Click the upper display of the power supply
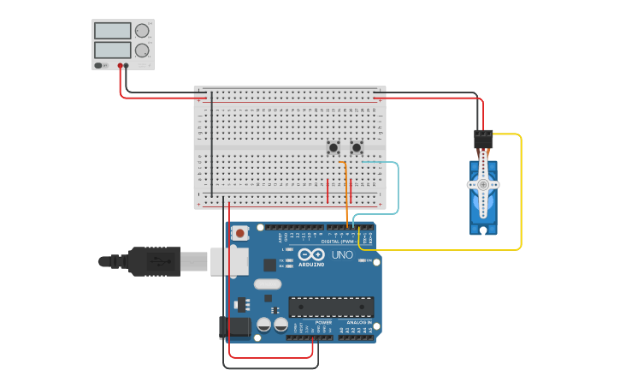(x=112, y=31)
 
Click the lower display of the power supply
(x=112, y=51)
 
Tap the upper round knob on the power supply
(x=142, y=31)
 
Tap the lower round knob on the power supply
(x=142, y=51)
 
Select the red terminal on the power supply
(x=120, y=65)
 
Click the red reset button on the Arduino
(x=241, y=233)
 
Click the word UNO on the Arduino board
(x=342, y=254)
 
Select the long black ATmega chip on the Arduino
(x=331, y=307)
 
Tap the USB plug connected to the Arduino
(x=154, y=261)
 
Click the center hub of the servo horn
(x=483, y=184)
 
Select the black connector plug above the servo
(x=483, y=137)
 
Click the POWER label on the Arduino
(x=311, y=322)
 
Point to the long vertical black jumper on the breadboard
(x=212, y=146)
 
